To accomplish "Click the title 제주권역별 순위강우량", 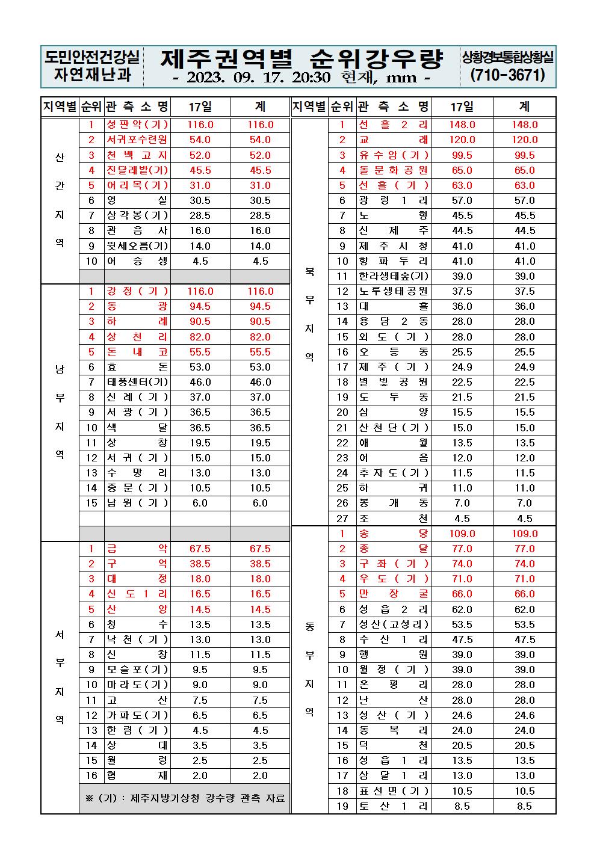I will (302, 59).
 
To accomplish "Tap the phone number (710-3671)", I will (508, 76).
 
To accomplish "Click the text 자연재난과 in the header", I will (91, 76).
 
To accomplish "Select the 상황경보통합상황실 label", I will (508, 57).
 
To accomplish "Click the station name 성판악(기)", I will (137, 125).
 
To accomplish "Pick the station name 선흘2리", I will (393, 125).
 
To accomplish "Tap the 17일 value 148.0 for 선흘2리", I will (462, 125).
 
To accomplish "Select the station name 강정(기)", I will (137, 291).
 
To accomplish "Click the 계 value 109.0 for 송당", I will (524, 534).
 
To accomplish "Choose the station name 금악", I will (137, 549).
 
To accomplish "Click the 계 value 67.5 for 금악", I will (260, 549).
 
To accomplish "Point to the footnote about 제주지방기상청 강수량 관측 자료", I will (184, 798).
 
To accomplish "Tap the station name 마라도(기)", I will (137, 685).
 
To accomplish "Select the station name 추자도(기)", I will (393, 473).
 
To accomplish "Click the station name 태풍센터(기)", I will (137, 382).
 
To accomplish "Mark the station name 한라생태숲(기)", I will (393, 276).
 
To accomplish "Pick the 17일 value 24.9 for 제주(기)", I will (462, 367).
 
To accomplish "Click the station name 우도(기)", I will (393, 579).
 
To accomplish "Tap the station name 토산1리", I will (393, 806).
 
